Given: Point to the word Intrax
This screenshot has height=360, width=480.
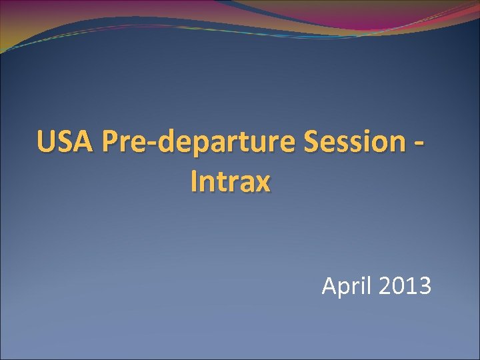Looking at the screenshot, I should point(230,181).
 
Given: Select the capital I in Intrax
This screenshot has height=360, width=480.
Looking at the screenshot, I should point(194,181).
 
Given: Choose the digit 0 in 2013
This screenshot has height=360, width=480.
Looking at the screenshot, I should point(398,286).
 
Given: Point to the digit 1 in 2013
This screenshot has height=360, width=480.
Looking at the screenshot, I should point(411,286).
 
